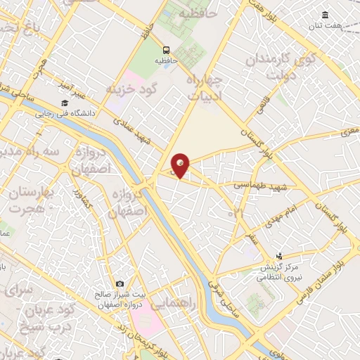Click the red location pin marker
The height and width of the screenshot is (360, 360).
[181, 165]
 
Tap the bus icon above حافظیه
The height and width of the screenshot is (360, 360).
[167, 50]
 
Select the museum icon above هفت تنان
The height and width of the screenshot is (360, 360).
[325, 15]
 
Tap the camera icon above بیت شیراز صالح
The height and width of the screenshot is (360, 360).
[120, 283]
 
